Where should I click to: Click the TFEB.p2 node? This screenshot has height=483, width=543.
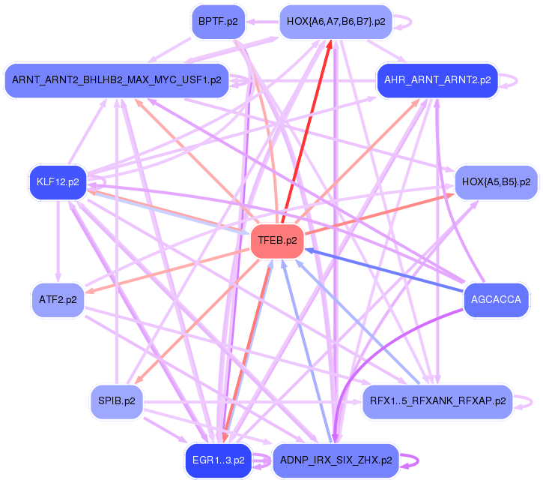pos(277,241)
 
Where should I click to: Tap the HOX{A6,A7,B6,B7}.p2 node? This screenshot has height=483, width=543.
pos(336,22)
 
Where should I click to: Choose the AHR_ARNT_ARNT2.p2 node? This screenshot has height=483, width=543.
pos(437,79)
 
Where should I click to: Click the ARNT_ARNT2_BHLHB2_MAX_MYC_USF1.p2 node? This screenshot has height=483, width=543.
pos(117,79)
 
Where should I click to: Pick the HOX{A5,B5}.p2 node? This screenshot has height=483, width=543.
pos(496,181)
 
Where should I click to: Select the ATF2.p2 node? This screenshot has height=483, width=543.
pos(58,300)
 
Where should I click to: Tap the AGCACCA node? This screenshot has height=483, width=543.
pos(496,300)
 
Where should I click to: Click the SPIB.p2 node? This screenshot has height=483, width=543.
pos(117,401)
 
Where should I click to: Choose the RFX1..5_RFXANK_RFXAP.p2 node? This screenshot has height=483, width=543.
pos(437,401)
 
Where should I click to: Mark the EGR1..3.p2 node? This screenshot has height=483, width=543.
pos(218,460)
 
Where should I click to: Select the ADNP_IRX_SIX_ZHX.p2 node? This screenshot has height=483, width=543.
pos(336,460)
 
